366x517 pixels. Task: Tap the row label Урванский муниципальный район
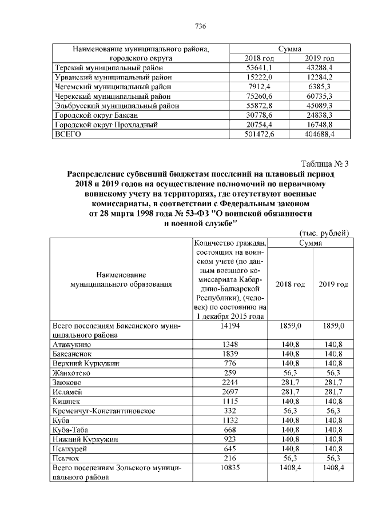pyautogui.click(x=112, y=77)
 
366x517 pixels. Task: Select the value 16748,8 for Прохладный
pyautogui.click(x=319, y=124)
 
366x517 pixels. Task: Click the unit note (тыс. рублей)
pyautogui.click(x=324, y=233)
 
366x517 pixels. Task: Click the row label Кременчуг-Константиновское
pyautogui.click(x=104, y=411)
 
